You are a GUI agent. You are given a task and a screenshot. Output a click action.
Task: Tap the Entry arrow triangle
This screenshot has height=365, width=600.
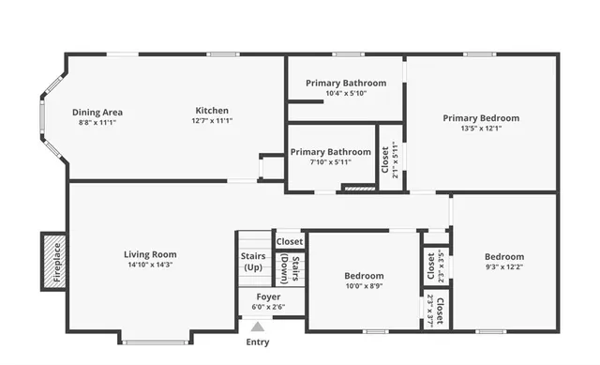pyautogui.click(x=257, y=326)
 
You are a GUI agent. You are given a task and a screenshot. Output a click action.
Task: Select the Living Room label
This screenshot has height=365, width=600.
pyautogui.click(x=150, y=254)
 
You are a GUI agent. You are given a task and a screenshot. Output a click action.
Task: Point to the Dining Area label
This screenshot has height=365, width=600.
pyautogui.click(x=97, y=113)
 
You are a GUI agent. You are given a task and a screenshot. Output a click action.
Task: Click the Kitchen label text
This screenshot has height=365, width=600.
pyautogui.click(x=212, y=111)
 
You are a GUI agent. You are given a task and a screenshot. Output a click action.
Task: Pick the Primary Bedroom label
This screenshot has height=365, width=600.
pyautogui.click(x=481, y=118)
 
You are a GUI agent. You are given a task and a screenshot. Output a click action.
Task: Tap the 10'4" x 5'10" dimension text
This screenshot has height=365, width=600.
pyautogui.click(x=346, y=93)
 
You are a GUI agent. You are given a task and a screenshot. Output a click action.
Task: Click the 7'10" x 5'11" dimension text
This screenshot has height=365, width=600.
pyautogui.click(x=329, y=162)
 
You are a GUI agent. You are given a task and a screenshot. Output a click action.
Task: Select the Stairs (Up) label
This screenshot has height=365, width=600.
pyautogui.click(x=253, y=261)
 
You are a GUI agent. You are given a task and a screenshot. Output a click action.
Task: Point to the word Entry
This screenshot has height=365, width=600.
pyautogui.click(x=257, y=342)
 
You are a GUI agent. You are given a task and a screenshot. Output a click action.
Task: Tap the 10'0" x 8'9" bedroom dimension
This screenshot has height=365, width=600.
pyautogui.click(x=363, y=286)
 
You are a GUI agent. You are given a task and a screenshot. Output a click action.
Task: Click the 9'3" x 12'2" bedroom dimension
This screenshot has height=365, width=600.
pyautogui.click(x=503, y=267)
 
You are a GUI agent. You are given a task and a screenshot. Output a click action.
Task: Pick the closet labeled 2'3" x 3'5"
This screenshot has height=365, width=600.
pyautogui.click(x=435, y=266)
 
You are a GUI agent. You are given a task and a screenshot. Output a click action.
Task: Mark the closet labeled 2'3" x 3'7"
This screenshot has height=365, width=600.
pyautogui.click(x=435, y=309)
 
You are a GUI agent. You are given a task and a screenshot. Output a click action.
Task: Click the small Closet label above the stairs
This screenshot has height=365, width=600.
pyautogui.click(x=290, y=241)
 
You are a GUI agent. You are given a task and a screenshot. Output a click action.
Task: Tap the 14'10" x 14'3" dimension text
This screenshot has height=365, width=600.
pyautogui.click(x=150, y=265)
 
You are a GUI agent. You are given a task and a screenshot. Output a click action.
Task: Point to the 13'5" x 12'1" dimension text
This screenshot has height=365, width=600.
pyautogui.click(x=481, y=129)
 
